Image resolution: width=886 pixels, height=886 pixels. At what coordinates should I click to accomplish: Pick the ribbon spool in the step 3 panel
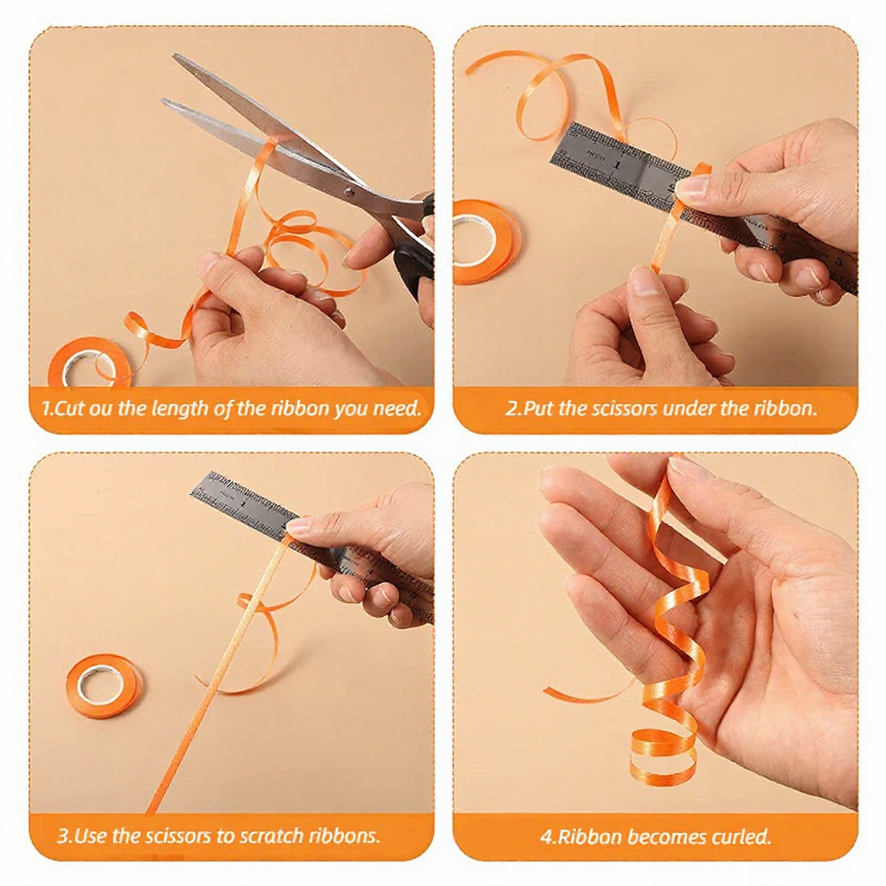tap(104, 685)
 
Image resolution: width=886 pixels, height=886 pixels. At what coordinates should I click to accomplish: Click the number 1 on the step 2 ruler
tap(616, 165)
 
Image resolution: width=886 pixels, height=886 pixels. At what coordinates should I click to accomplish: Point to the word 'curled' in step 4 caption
tap(741, 836)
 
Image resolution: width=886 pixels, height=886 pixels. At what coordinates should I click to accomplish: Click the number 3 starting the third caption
tap(62, 836)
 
